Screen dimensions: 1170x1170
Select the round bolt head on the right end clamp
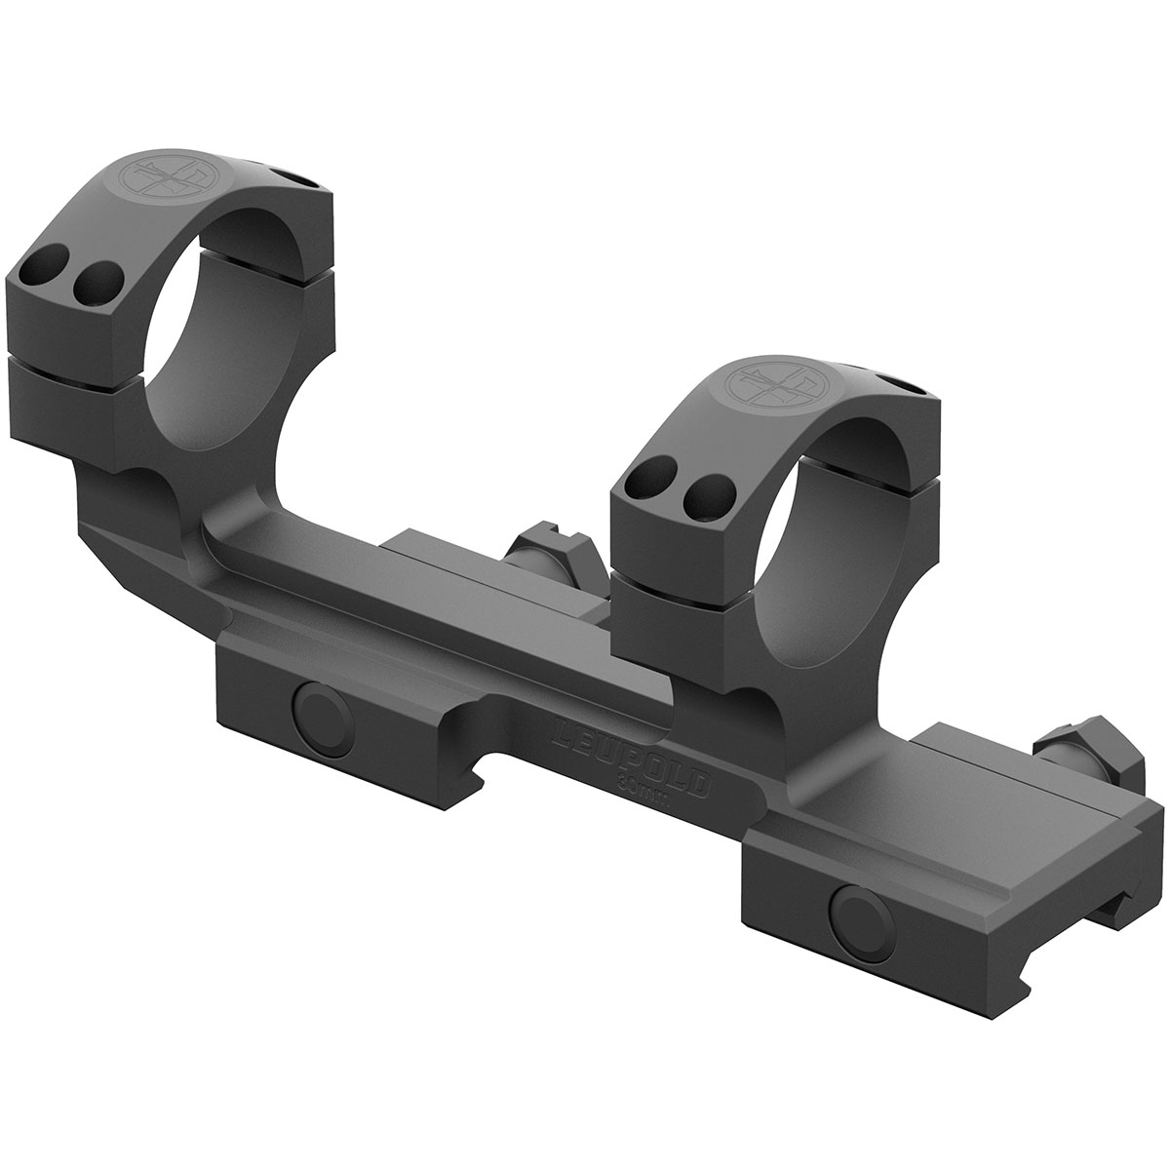pyautogui.click(x=855, y=914)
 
